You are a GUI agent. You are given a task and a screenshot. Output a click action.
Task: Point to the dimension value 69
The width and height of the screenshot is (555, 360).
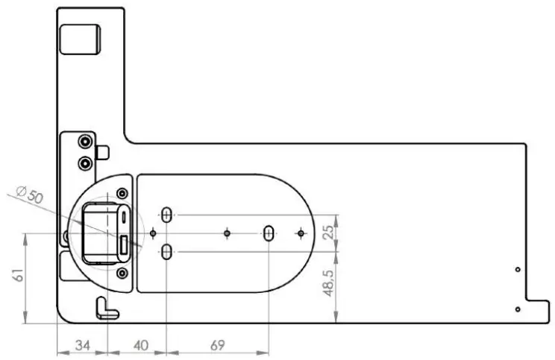[x=216, y=345]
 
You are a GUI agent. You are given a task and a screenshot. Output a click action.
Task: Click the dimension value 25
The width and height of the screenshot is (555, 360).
[x=327, y=233]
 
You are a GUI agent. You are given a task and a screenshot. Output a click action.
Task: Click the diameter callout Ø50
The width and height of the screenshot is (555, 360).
[x=31, y=197]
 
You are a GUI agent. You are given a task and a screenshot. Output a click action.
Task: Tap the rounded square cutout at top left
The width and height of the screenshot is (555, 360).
[x=79, y=39]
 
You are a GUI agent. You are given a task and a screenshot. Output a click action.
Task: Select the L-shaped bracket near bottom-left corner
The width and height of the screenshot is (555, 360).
[x=107, y=309]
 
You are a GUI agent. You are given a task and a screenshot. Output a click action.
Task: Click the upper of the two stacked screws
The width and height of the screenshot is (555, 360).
[x=86, y=142]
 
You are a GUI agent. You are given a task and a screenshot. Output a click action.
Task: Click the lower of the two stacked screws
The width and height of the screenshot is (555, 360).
[x=86, y=162]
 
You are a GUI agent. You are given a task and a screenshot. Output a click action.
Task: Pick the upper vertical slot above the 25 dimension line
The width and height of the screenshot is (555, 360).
[x=166, y=215]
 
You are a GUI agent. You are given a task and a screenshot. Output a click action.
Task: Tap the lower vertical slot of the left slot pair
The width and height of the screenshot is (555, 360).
[x=166, y=252]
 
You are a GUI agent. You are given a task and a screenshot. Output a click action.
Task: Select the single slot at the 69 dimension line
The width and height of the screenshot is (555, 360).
[x=268, y=234]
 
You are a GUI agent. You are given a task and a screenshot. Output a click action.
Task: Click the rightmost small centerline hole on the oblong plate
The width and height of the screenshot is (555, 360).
[x=301, y=234]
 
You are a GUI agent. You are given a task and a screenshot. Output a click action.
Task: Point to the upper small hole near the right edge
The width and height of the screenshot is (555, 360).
[x=518, y=269]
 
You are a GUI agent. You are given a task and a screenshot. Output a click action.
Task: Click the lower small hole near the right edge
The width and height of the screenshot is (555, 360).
[x=518, y=309]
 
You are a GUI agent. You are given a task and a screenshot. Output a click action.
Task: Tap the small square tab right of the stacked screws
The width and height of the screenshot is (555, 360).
[x=103, y=152]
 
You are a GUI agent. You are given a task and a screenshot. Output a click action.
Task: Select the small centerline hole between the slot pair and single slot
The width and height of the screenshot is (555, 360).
[x=227, y=234]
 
